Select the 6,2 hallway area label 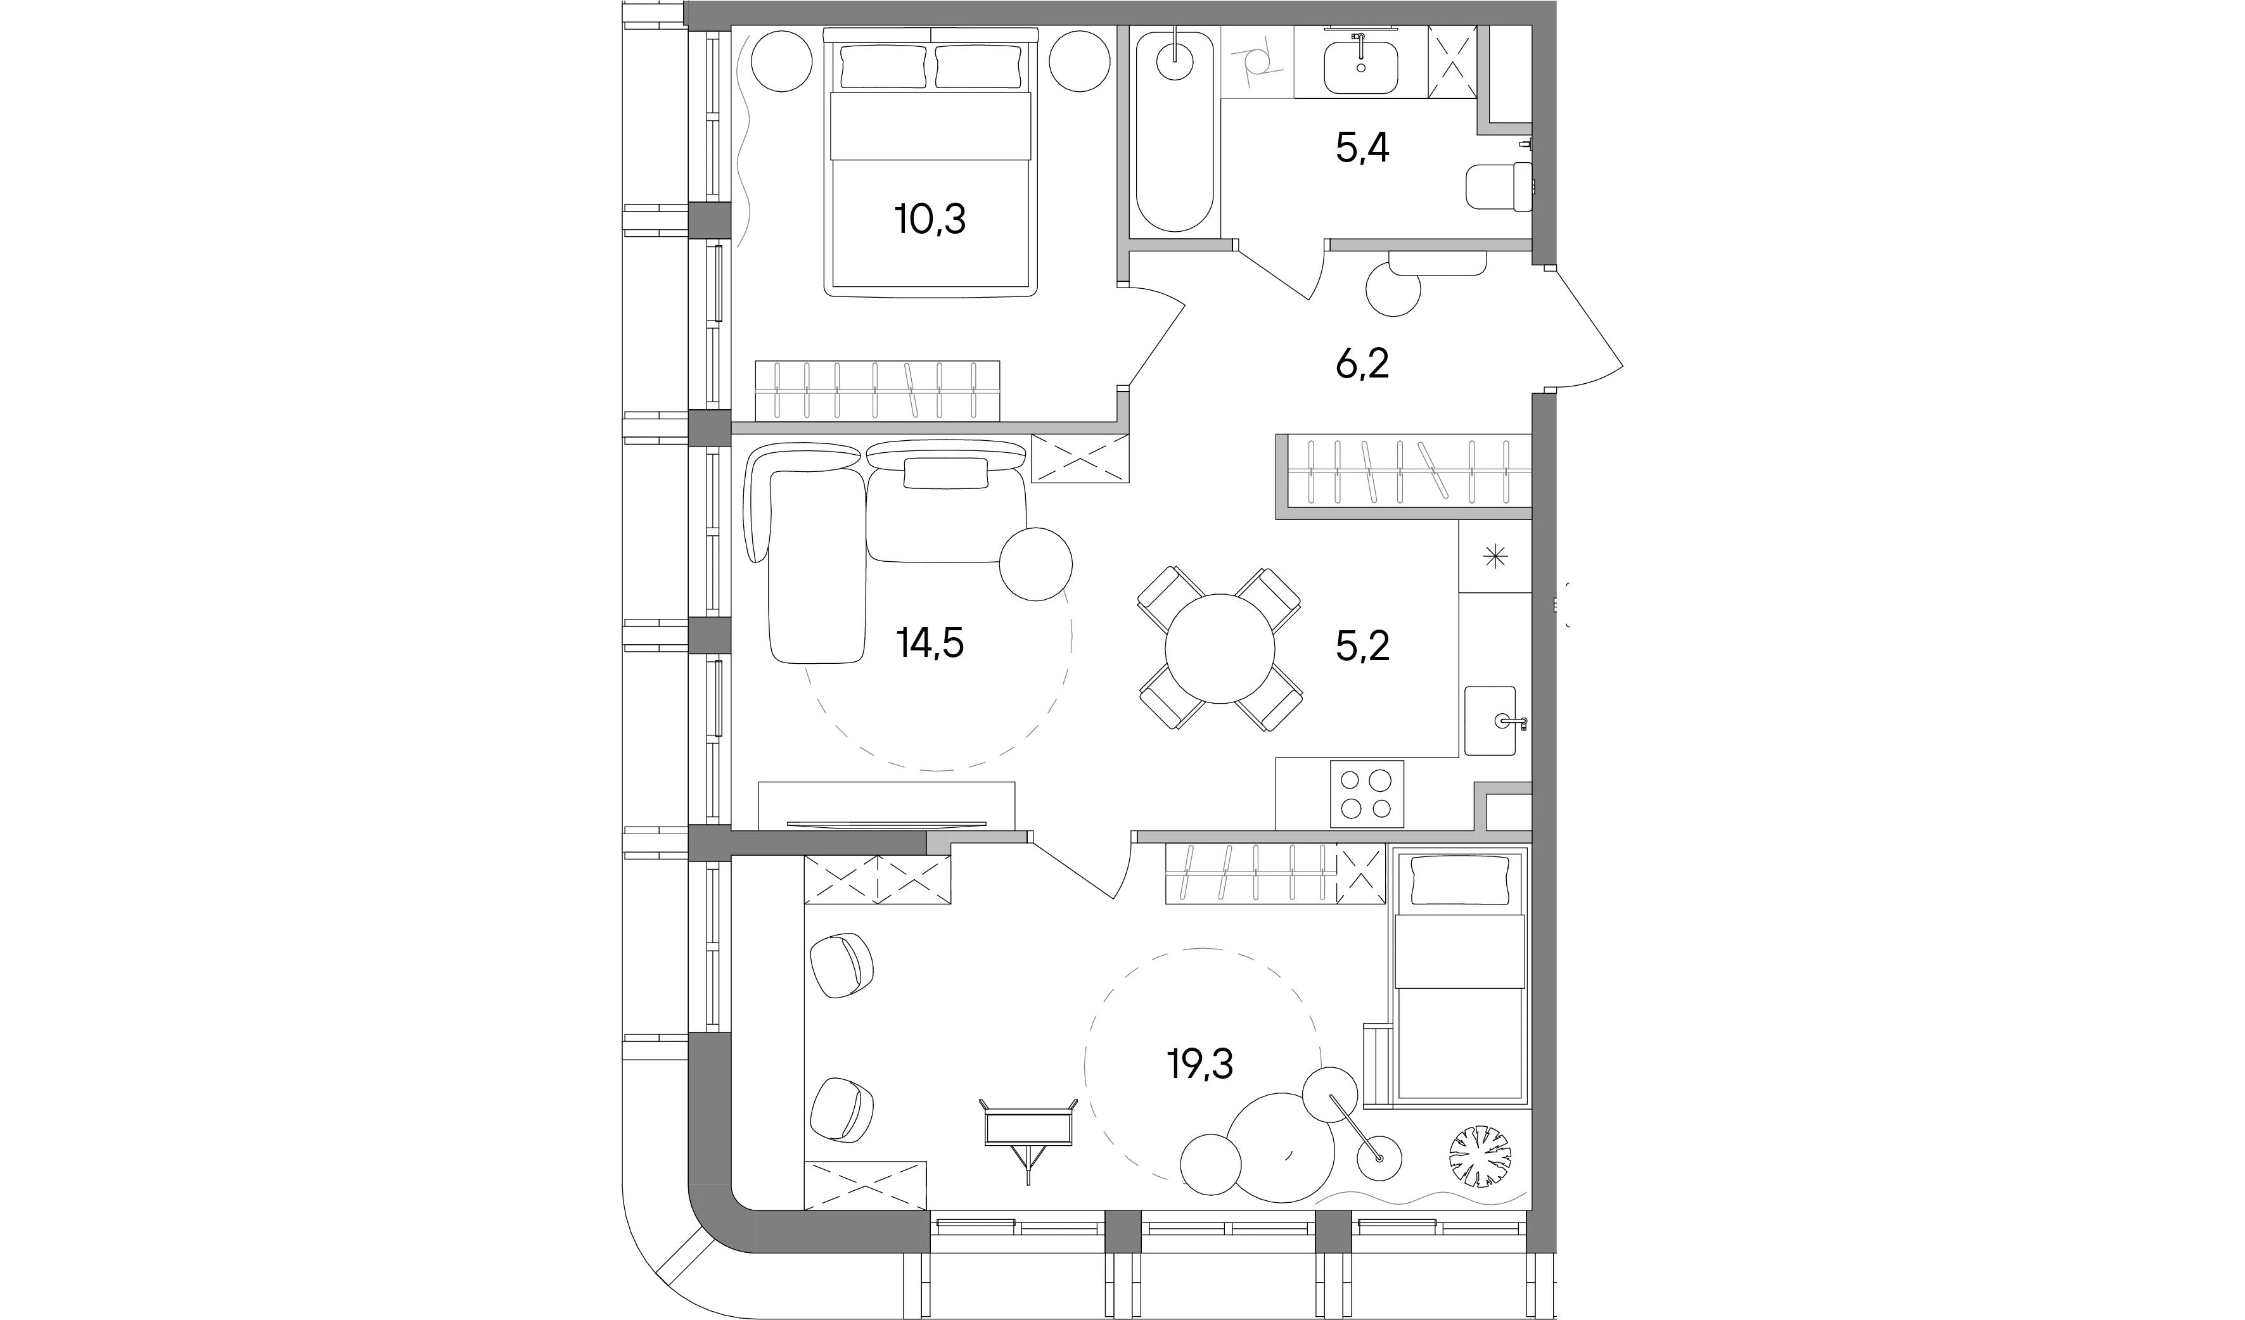point(1362,364)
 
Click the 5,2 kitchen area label point(1362,646)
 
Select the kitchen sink point(1490,721)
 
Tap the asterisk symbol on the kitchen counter point(1494,557)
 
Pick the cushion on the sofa point(946,473)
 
